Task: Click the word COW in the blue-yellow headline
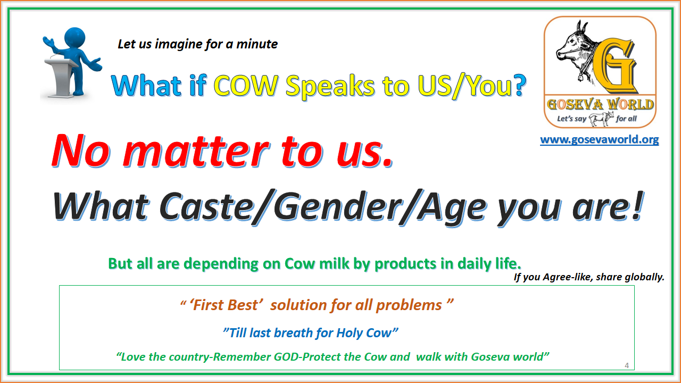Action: (246, 86)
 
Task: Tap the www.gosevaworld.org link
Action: (599, 140)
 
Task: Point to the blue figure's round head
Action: (74, 38)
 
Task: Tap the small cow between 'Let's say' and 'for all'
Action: (601, 118)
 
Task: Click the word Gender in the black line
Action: (336, 207)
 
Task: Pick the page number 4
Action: (627, 365)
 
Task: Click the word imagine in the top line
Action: (178, 44)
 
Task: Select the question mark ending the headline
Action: (519, 86)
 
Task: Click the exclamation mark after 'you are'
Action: (637, 205)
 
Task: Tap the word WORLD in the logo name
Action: (630, 105)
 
